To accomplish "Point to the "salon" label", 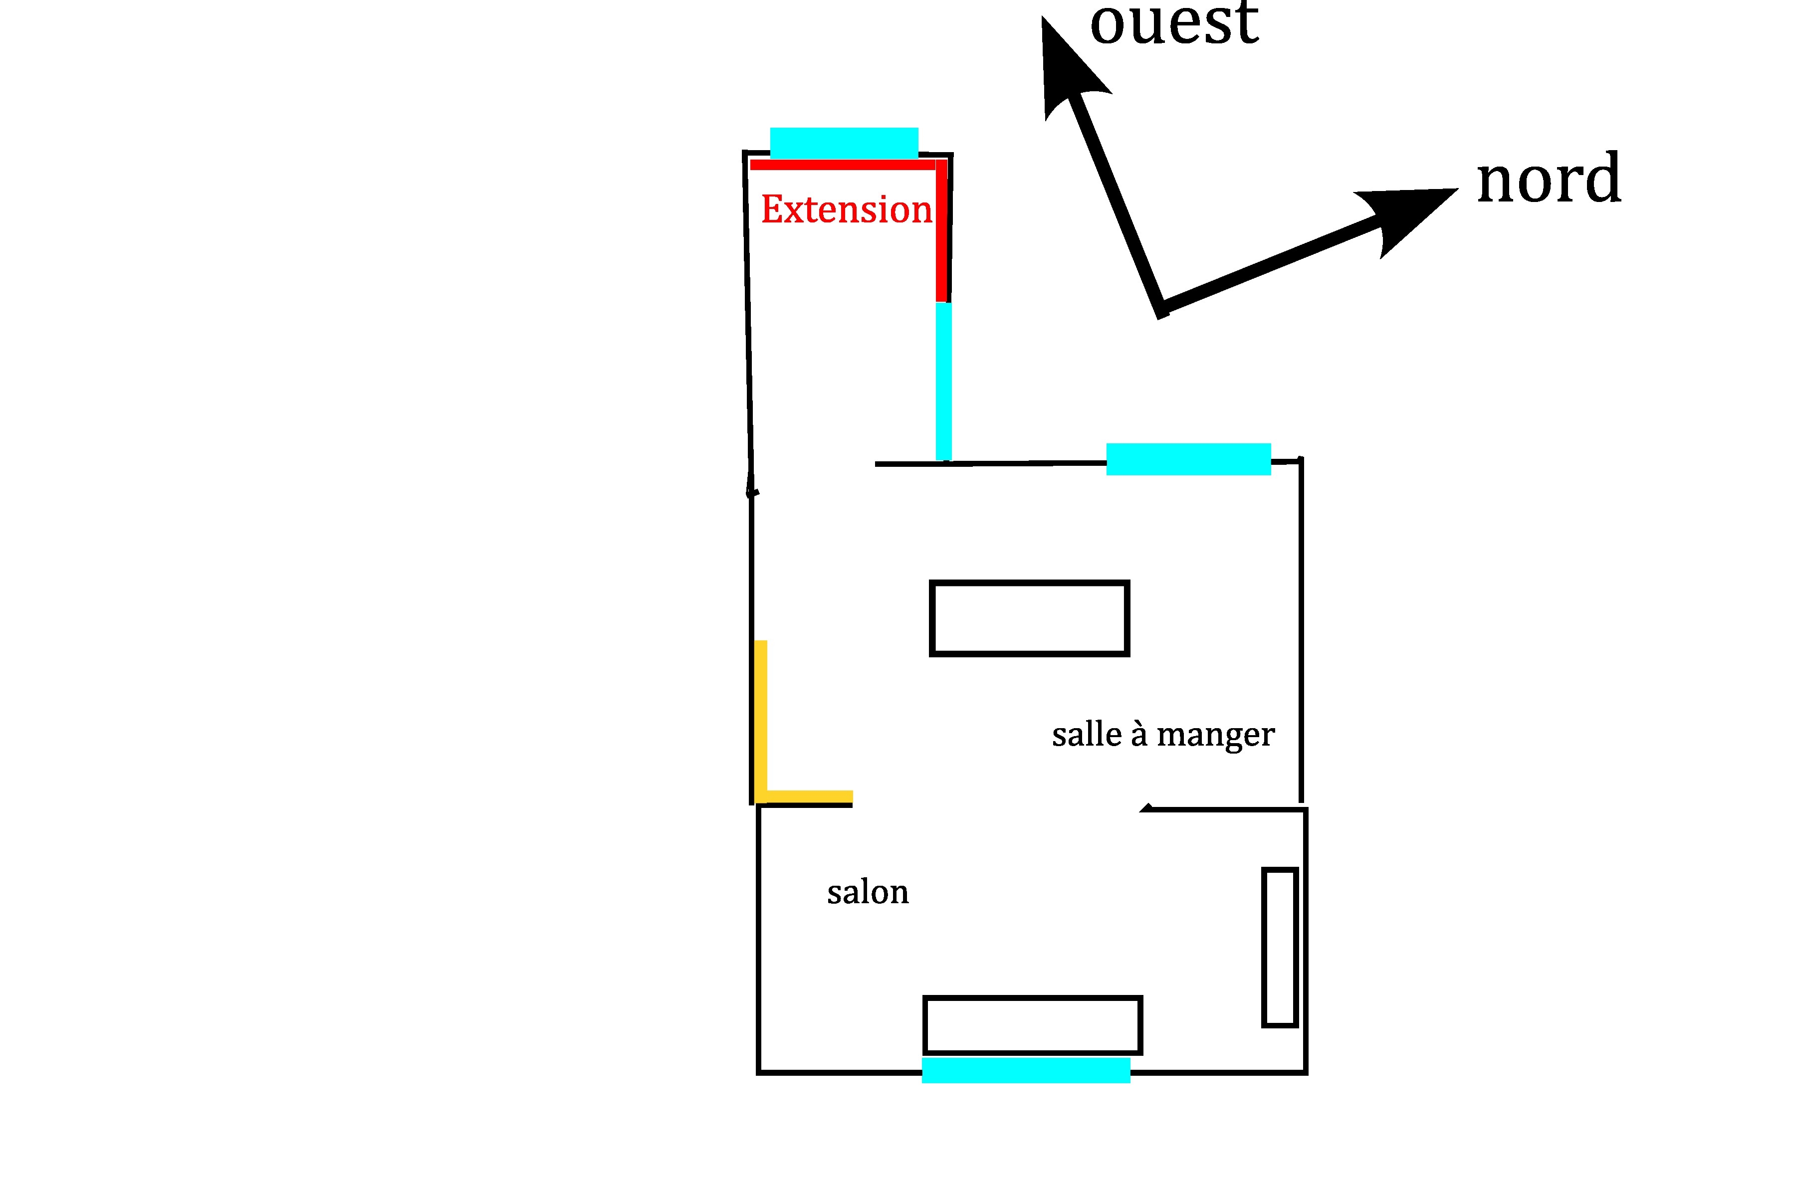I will (868, 893).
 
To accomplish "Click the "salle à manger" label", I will (1163, 734).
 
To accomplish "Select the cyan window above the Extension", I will (844, 143).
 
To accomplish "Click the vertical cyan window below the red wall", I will (943, 381).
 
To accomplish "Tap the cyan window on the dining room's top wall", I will (1188, 459).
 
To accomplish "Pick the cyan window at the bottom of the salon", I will (1026, 1070).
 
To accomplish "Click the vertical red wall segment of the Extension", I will (942, 230).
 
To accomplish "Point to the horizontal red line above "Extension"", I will (842, 165).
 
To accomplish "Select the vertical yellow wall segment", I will (761, 717).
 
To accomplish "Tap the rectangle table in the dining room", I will (1029, 618).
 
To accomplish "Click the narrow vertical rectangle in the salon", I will (1280, 948).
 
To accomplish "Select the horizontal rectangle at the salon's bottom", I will (1032, 1024).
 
